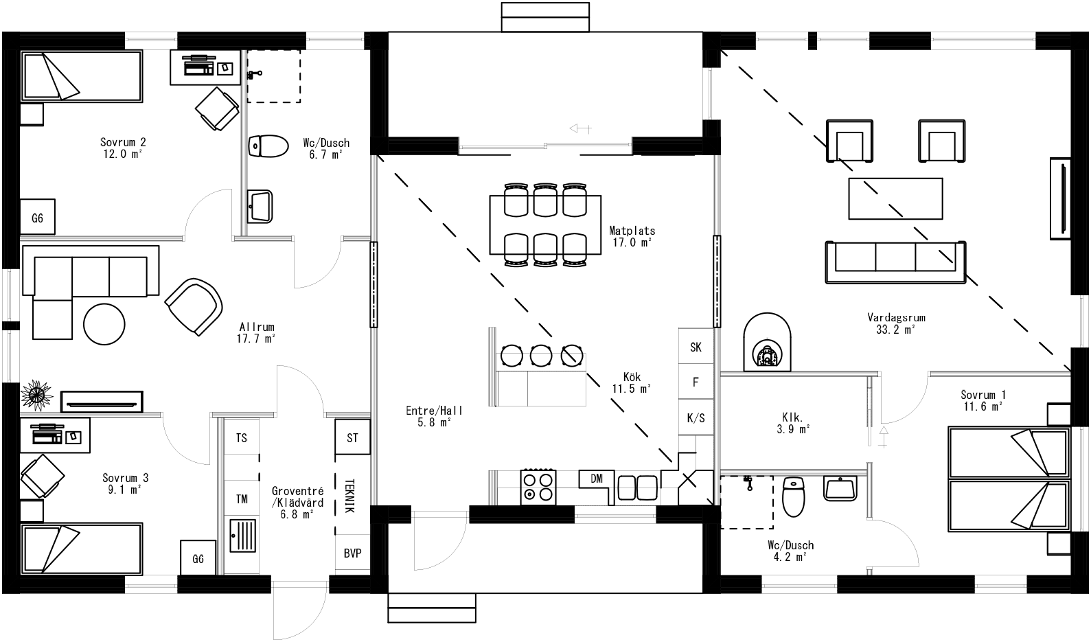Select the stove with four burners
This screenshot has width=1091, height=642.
538,486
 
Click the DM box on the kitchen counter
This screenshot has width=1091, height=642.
596,479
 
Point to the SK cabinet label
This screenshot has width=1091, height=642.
696,347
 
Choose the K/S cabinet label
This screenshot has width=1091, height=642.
696,418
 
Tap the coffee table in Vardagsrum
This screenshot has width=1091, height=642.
895,198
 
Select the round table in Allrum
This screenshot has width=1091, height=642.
104,324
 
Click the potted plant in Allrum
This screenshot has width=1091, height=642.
36,395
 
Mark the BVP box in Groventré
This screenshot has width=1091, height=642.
352,553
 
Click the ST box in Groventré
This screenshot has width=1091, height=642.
352,438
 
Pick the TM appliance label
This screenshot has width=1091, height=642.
242,499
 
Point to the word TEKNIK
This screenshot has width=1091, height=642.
349,496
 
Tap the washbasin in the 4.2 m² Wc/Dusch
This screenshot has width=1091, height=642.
840,489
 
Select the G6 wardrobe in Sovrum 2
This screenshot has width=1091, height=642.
37,218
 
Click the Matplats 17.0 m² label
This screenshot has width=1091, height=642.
632,237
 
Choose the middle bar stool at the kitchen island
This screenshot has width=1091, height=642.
541,355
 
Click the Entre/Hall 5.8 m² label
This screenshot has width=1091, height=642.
434,416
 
